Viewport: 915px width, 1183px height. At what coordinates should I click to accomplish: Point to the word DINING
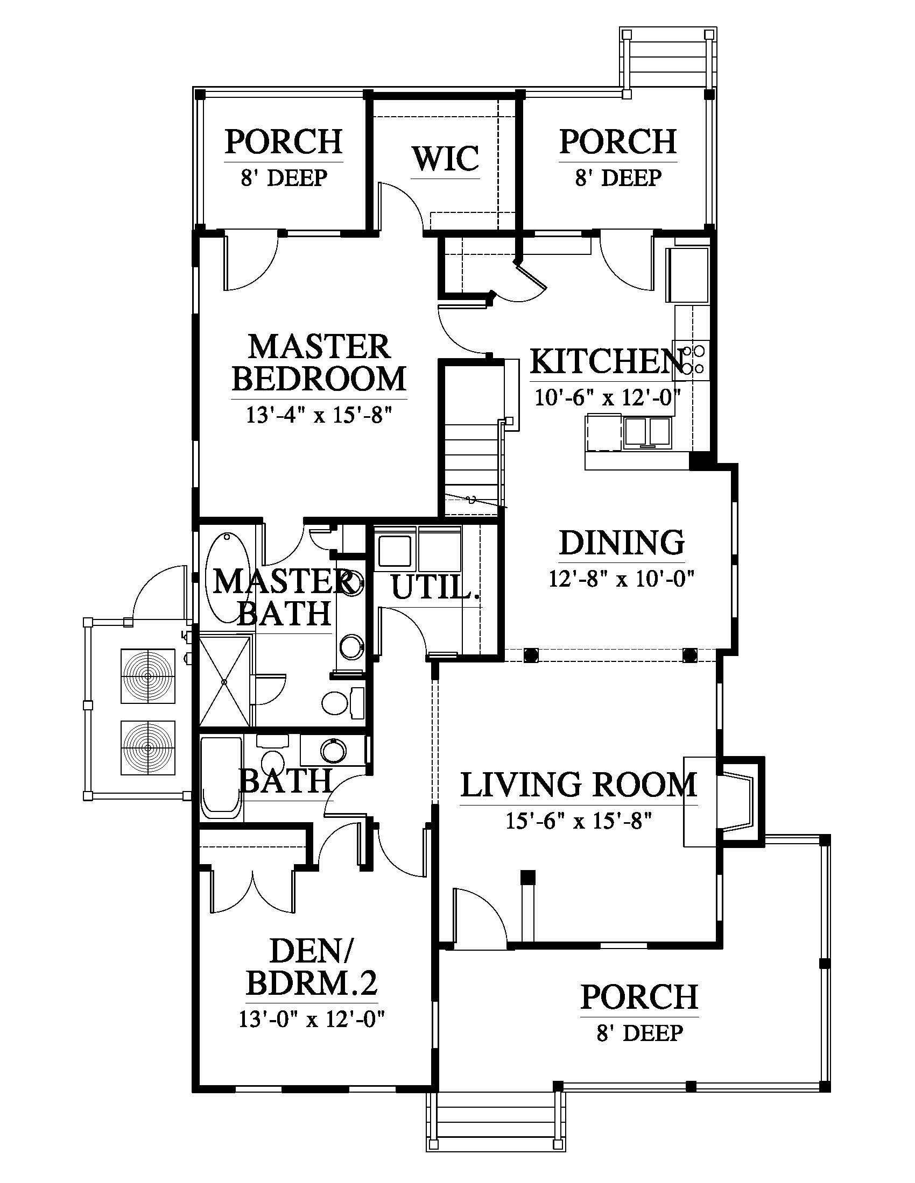coord(622,542)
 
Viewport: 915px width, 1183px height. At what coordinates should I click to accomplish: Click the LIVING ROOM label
coord(579,784)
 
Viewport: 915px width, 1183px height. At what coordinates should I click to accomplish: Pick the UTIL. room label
coord(436,587)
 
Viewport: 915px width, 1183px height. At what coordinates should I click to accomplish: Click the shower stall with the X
coord(226,681)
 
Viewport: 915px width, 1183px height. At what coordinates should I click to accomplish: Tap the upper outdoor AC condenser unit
coord(147,675)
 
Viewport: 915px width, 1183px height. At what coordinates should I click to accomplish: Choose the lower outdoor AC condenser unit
coord(147,747)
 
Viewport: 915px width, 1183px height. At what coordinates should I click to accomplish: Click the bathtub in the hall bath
coord(221,774)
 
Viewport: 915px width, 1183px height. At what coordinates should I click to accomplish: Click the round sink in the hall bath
coord(332,750)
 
